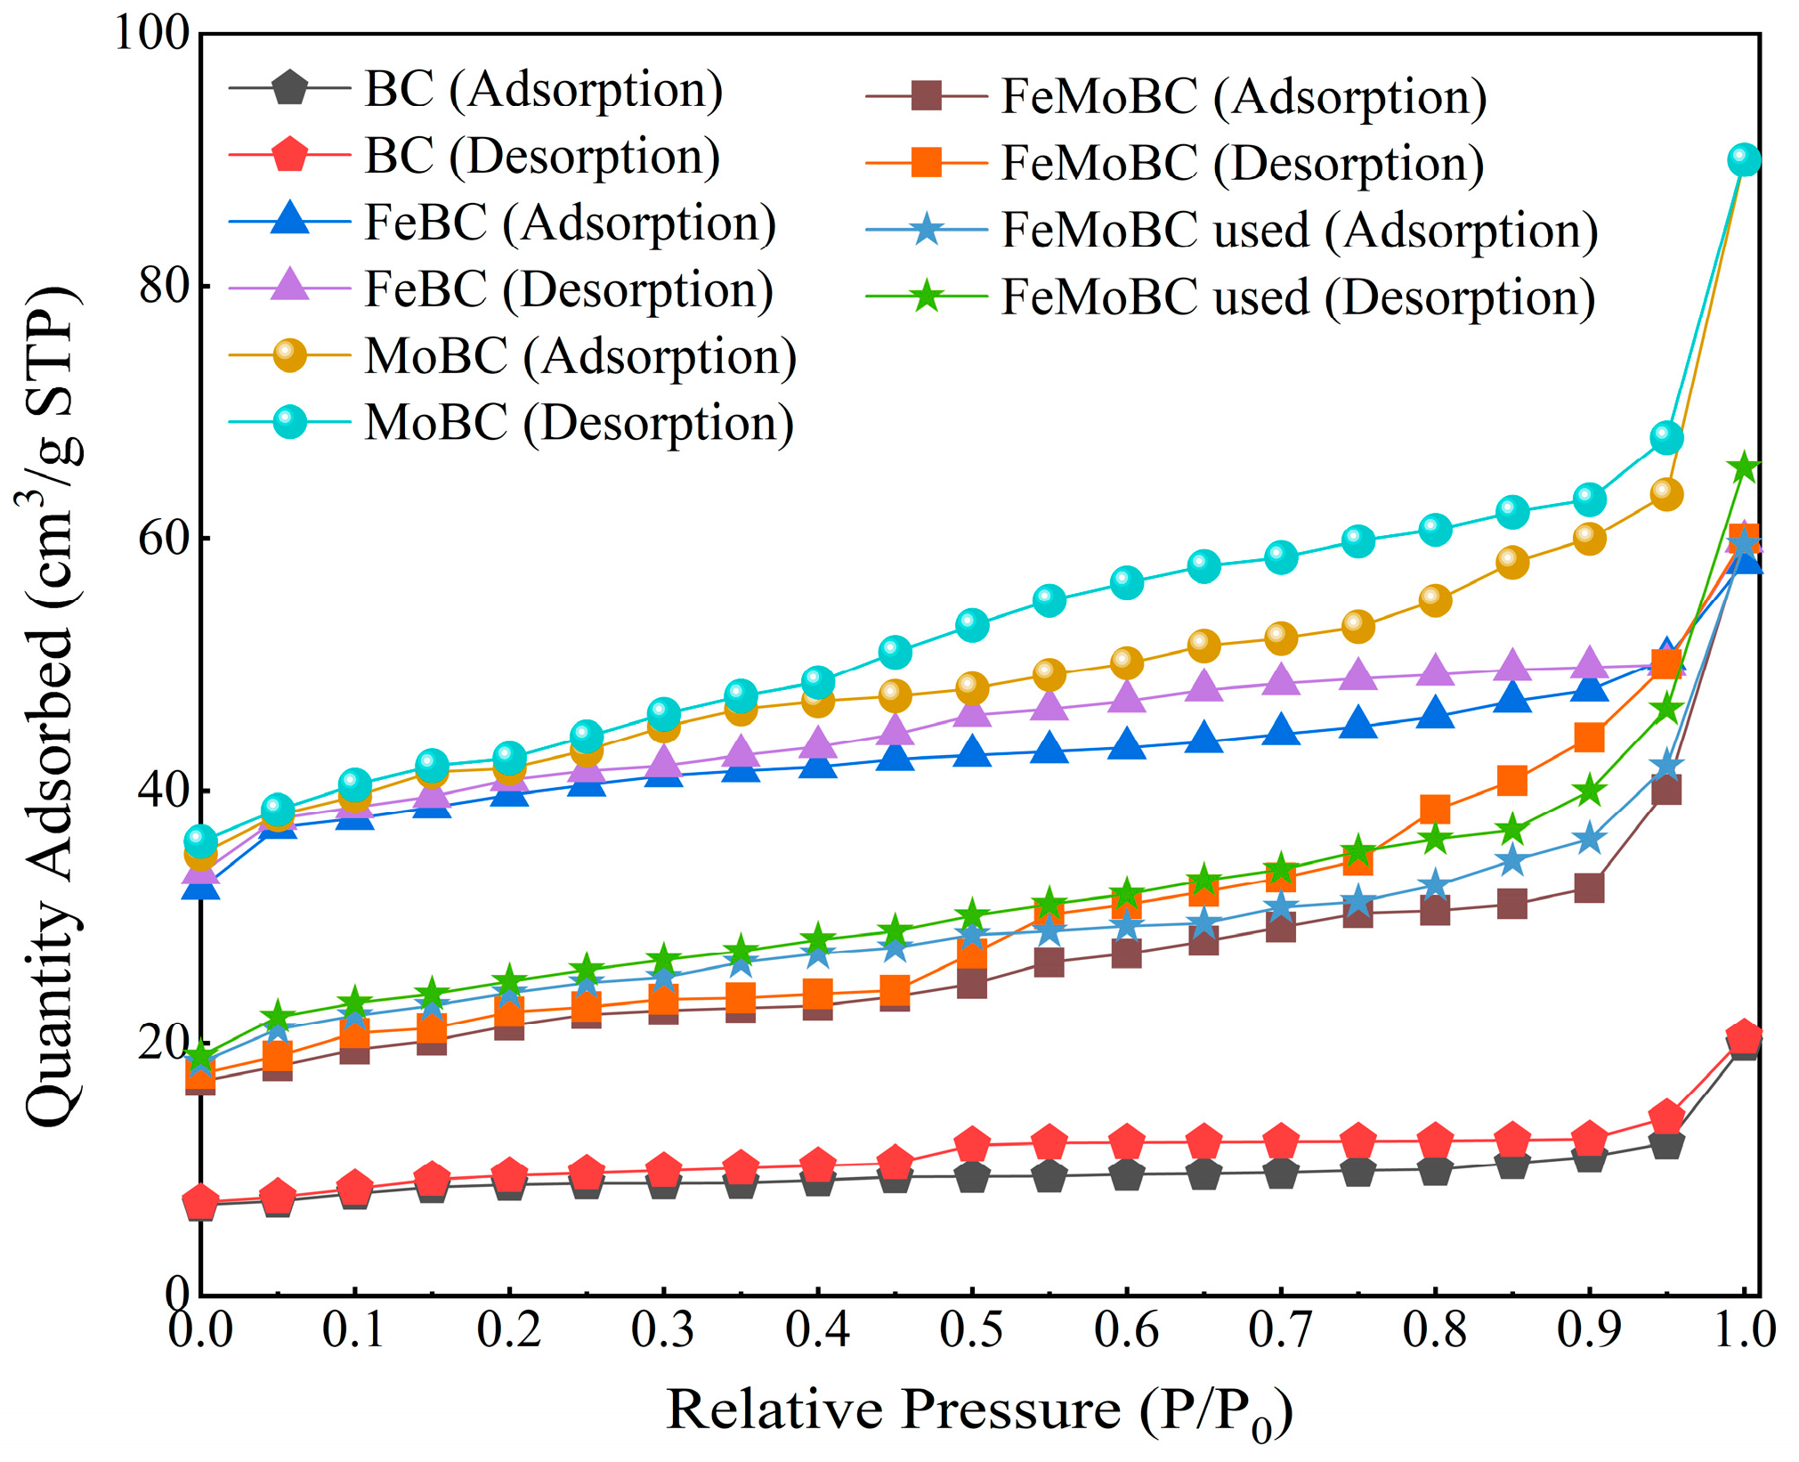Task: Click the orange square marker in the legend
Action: (927, 164)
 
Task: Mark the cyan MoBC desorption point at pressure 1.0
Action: (1744, 160)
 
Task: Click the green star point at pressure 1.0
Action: (1744, 467)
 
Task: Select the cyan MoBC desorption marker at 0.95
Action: (1666, 438)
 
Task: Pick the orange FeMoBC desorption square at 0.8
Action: (1435, 809)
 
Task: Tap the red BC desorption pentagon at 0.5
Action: (972, 1144)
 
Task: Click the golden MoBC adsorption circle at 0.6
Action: (1126, 662)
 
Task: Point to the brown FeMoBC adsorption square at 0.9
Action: (1589, 889)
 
